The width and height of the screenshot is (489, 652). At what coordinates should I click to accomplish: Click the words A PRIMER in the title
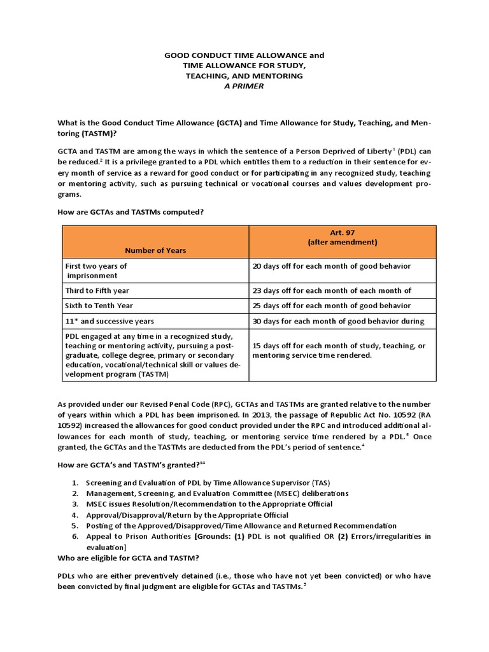(x=244, y=86)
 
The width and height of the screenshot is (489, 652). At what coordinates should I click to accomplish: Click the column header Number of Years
(x=155, y=250)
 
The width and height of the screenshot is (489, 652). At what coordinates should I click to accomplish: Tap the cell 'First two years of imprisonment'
(x=96, y=271)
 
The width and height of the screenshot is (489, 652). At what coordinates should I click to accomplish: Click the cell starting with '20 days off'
(x=331, y=266)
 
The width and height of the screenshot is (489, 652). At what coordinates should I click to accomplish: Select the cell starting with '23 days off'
(x=331, y=290)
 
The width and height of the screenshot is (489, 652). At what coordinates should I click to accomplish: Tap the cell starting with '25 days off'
(x=331, y=306)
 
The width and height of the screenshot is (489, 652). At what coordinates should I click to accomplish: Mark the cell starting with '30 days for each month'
(x=338, y=321)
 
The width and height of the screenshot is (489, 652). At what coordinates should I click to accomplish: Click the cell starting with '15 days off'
(x=339, y=350)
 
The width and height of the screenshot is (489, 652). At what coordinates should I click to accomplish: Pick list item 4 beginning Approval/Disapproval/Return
(x=187, y=514)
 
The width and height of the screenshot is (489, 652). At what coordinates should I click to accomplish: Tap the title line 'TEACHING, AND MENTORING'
(x=244, y=76)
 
